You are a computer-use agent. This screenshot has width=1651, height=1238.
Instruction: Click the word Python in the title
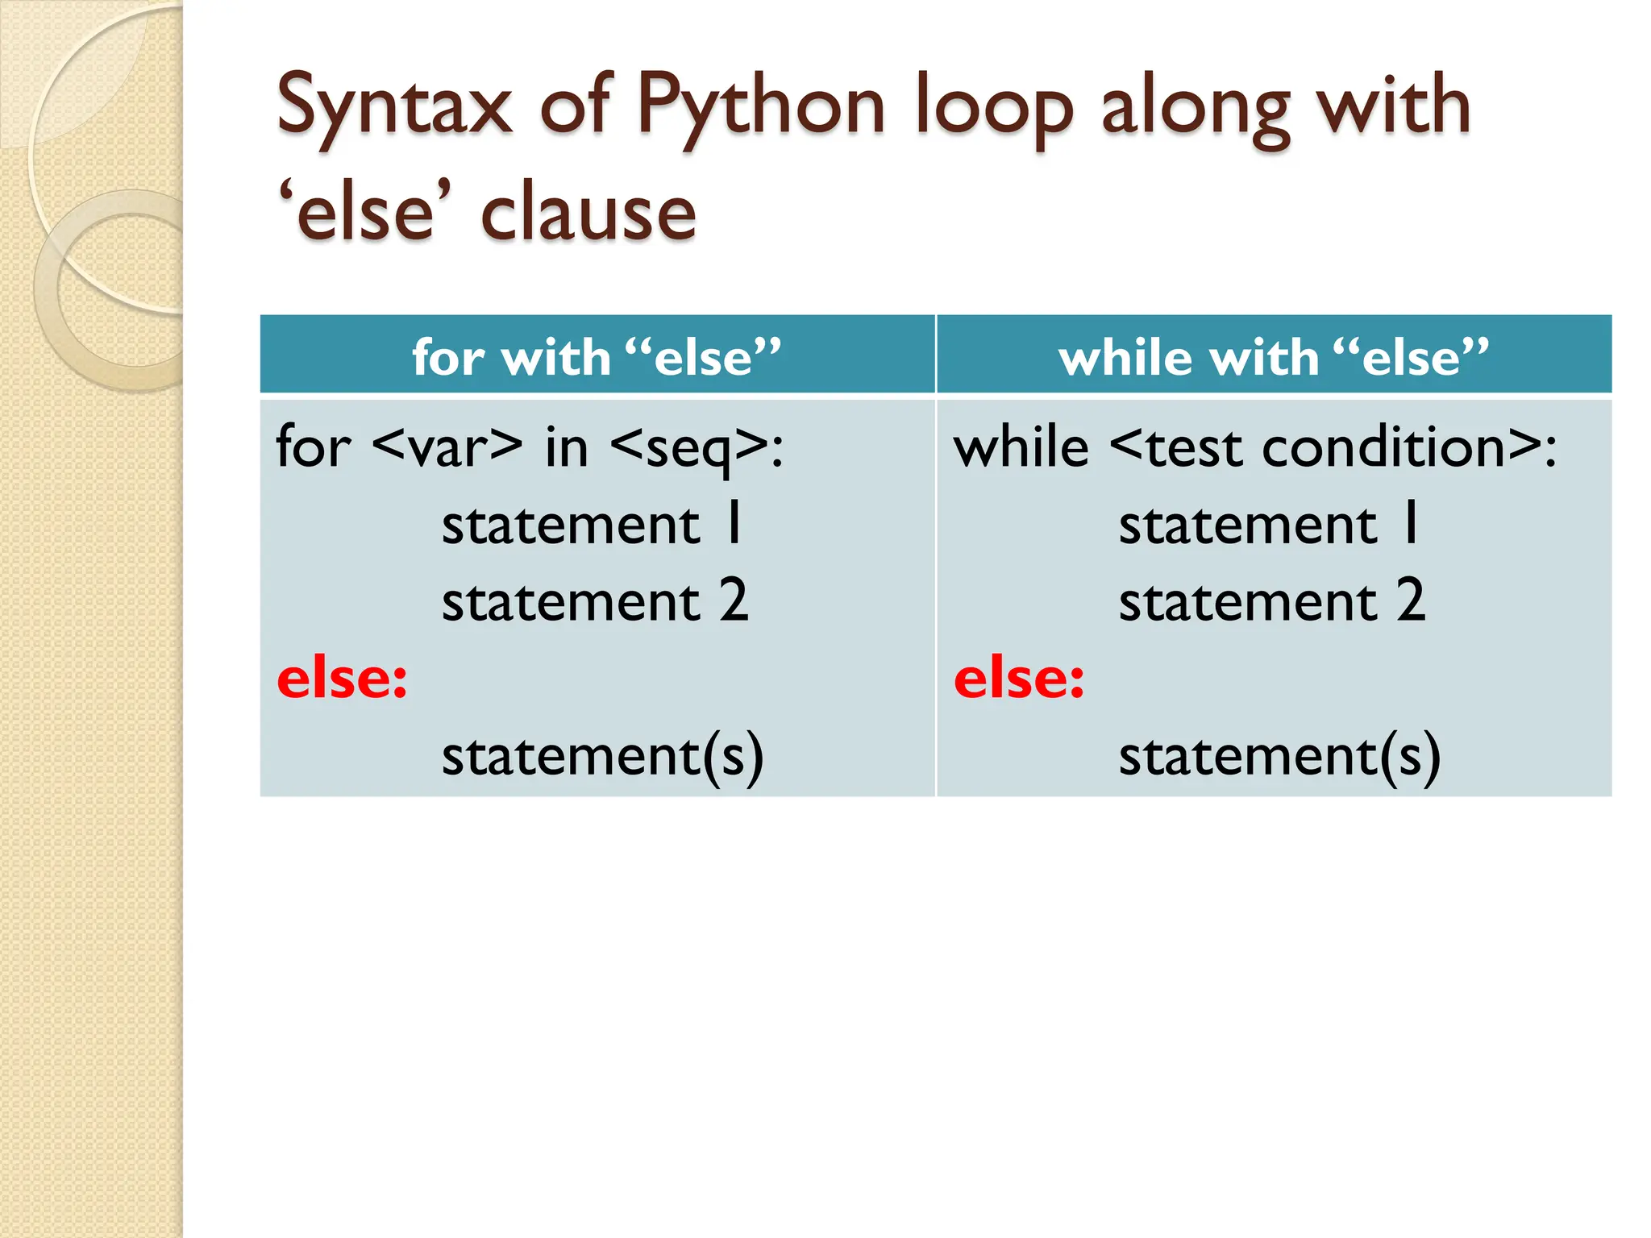(x=761, y=106)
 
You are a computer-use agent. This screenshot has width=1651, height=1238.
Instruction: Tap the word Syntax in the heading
(x=394, y=106)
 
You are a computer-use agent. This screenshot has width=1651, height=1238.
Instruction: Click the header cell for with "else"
(x=597, y=356)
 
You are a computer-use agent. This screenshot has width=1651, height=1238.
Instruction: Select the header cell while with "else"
(x=1273, y=356)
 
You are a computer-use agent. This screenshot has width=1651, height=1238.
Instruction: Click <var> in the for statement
(x=447, y=447)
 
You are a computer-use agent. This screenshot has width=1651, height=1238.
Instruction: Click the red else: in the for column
(x=342, y=679)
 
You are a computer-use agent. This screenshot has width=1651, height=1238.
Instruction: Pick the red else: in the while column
(x=1019, y=679)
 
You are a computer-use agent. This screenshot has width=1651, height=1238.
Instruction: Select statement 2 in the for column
(x=595, y=602)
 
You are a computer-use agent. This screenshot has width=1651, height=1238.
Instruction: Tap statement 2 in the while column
(x=1272, y=602)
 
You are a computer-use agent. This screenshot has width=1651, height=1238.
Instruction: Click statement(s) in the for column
(x=602, y=757)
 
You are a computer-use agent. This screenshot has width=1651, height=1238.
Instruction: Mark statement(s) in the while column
(x=1279, y=757)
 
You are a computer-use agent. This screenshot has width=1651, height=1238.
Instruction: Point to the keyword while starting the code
(x=1021, y=447)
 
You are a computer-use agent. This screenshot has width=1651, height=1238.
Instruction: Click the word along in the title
(x=1196, y=106)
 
